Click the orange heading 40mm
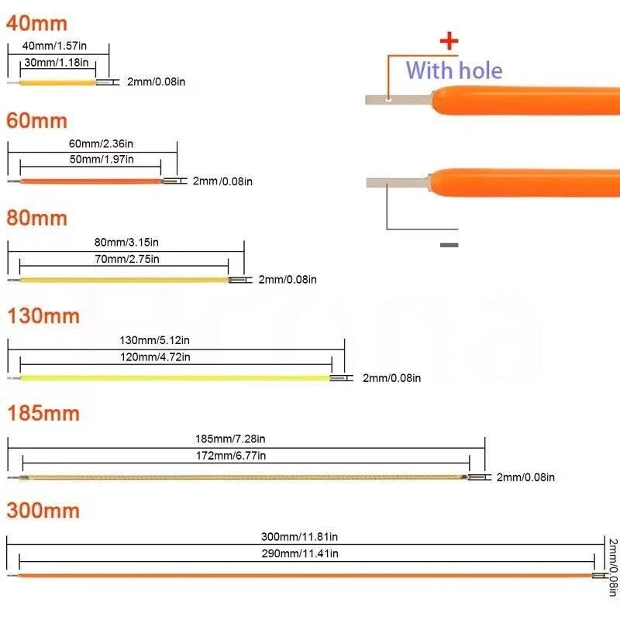point(36,24)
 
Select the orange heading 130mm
point(43,316)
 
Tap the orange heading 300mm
point(43,511)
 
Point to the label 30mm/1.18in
point(56,62)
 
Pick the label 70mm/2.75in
point(127,259)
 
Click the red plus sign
point(449,42)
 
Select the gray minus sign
point(449,245)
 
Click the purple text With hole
point(454,71)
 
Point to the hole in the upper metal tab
point(388,98)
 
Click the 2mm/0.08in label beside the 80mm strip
point(288,279)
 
